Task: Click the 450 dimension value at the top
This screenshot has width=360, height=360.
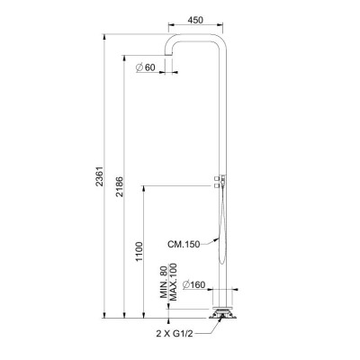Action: point(195,20)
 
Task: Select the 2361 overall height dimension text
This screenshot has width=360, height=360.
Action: point(100,176)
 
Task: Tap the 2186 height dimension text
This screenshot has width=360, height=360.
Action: point(120,186)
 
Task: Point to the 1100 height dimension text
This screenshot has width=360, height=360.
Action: point(139,251)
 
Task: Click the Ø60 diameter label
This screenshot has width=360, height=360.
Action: point(146,67)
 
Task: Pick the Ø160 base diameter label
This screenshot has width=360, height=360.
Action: point(193,284)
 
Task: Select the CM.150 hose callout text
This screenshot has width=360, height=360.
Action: point(184,244)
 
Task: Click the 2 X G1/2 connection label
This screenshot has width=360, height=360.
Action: point(175,333)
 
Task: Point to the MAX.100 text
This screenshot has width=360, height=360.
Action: point(174,282)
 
